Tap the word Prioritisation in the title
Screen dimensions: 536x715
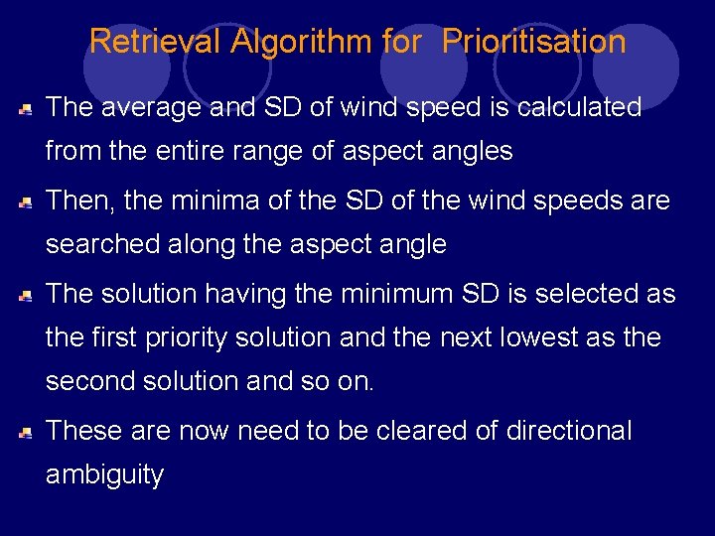[x=533, y=42]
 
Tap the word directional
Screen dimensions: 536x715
[x=568, y=431]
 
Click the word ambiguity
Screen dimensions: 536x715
[x=104, y=474]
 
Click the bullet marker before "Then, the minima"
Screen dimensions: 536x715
[x=26, y=202]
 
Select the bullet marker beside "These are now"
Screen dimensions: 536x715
[x=26, y=433]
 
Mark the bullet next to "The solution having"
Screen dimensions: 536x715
[x=26, y=296]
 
